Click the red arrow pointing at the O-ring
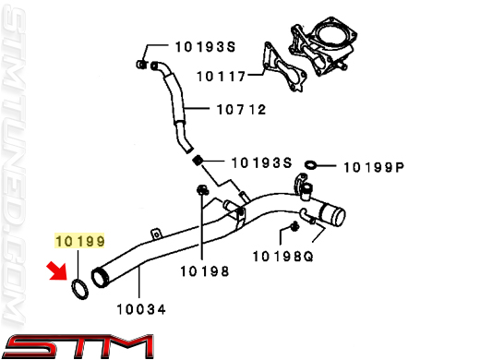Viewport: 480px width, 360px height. [x=57, y=271]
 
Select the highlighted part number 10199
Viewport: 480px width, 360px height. [x=80, y=241]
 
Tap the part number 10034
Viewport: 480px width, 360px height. [x=141, y=309]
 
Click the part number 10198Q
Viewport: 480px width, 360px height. [x=282, y=257]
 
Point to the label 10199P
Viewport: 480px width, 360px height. [x=374, y=167]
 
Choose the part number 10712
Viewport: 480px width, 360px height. [x=242, y=110]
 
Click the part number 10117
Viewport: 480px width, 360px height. [x=222, y=77]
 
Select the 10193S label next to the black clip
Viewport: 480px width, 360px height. [x=261, y=162]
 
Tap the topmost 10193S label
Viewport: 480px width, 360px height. [x=205, y=47]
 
